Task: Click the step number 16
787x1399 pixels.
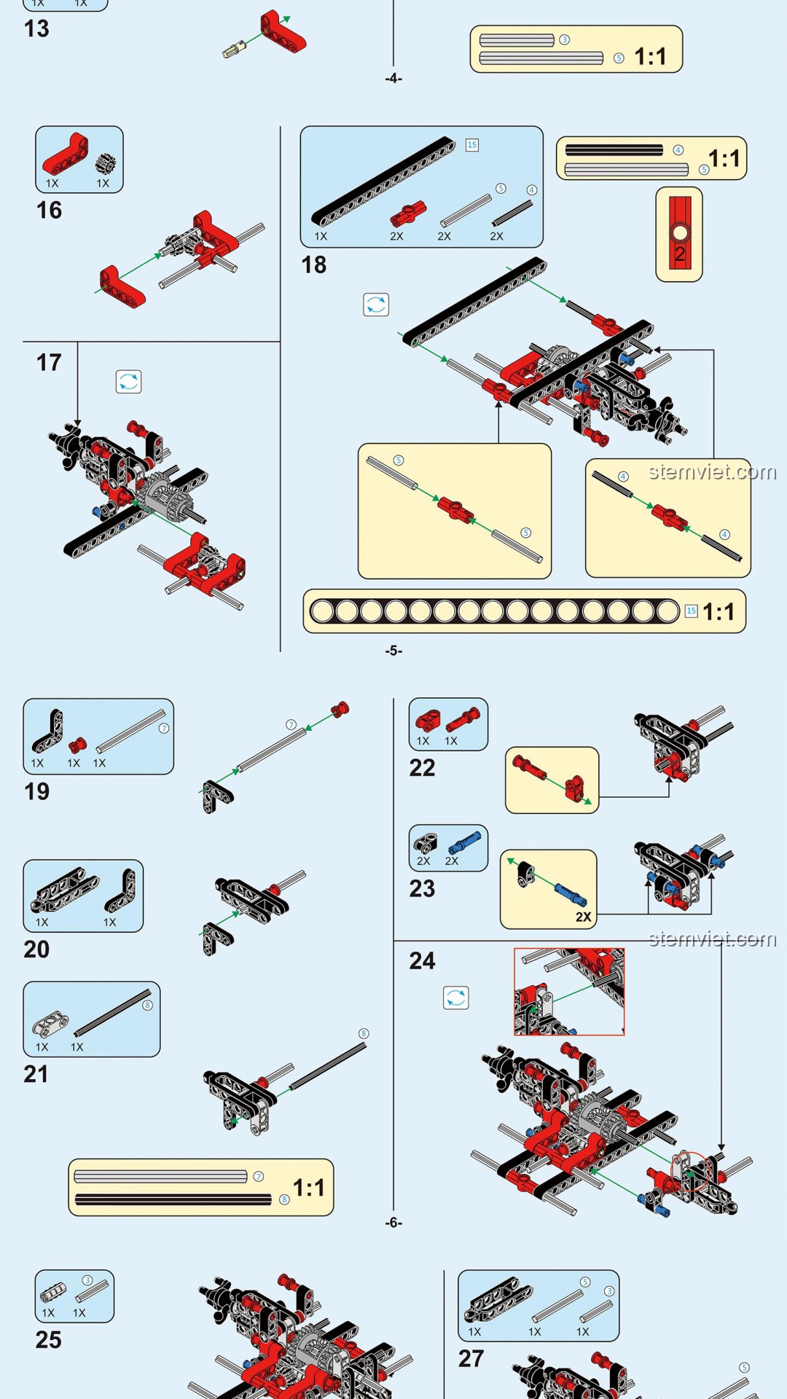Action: coord(49,211)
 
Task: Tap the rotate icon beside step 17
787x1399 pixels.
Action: coord(129,382)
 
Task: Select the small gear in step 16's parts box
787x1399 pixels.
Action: coord(106,163)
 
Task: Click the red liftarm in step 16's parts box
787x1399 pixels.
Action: coord(66,154)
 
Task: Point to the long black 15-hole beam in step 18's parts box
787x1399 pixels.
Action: coord(384,181)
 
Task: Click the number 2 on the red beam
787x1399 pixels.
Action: coord(680,254)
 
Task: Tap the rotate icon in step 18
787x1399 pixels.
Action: coord(376,305)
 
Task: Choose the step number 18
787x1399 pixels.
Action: coord(314,265)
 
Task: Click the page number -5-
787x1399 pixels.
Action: coord(393,651)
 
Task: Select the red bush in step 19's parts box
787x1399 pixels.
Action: coord(77,745)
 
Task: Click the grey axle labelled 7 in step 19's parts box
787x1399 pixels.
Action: coord(131,732)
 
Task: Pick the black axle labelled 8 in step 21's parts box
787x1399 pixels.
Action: coord(112,1013)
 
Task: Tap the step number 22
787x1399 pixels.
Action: coord(422,768)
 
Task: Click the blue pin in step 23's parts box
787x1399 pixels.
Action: coord(464,842)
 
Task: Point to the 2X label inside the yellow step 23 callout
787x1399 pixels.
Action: coord(584,917)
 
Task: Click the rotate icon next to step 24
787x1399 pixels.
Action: coord(456,998)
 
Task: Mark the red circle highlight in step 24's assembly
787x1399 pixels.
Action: coord(689,1171)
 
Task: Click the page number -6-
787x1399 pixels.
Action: coord(393,1223)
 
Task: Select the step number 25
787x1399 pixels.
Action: coord(49,1340)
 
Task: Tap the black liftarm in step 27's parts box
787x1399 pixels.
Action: coord(493,1299)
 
